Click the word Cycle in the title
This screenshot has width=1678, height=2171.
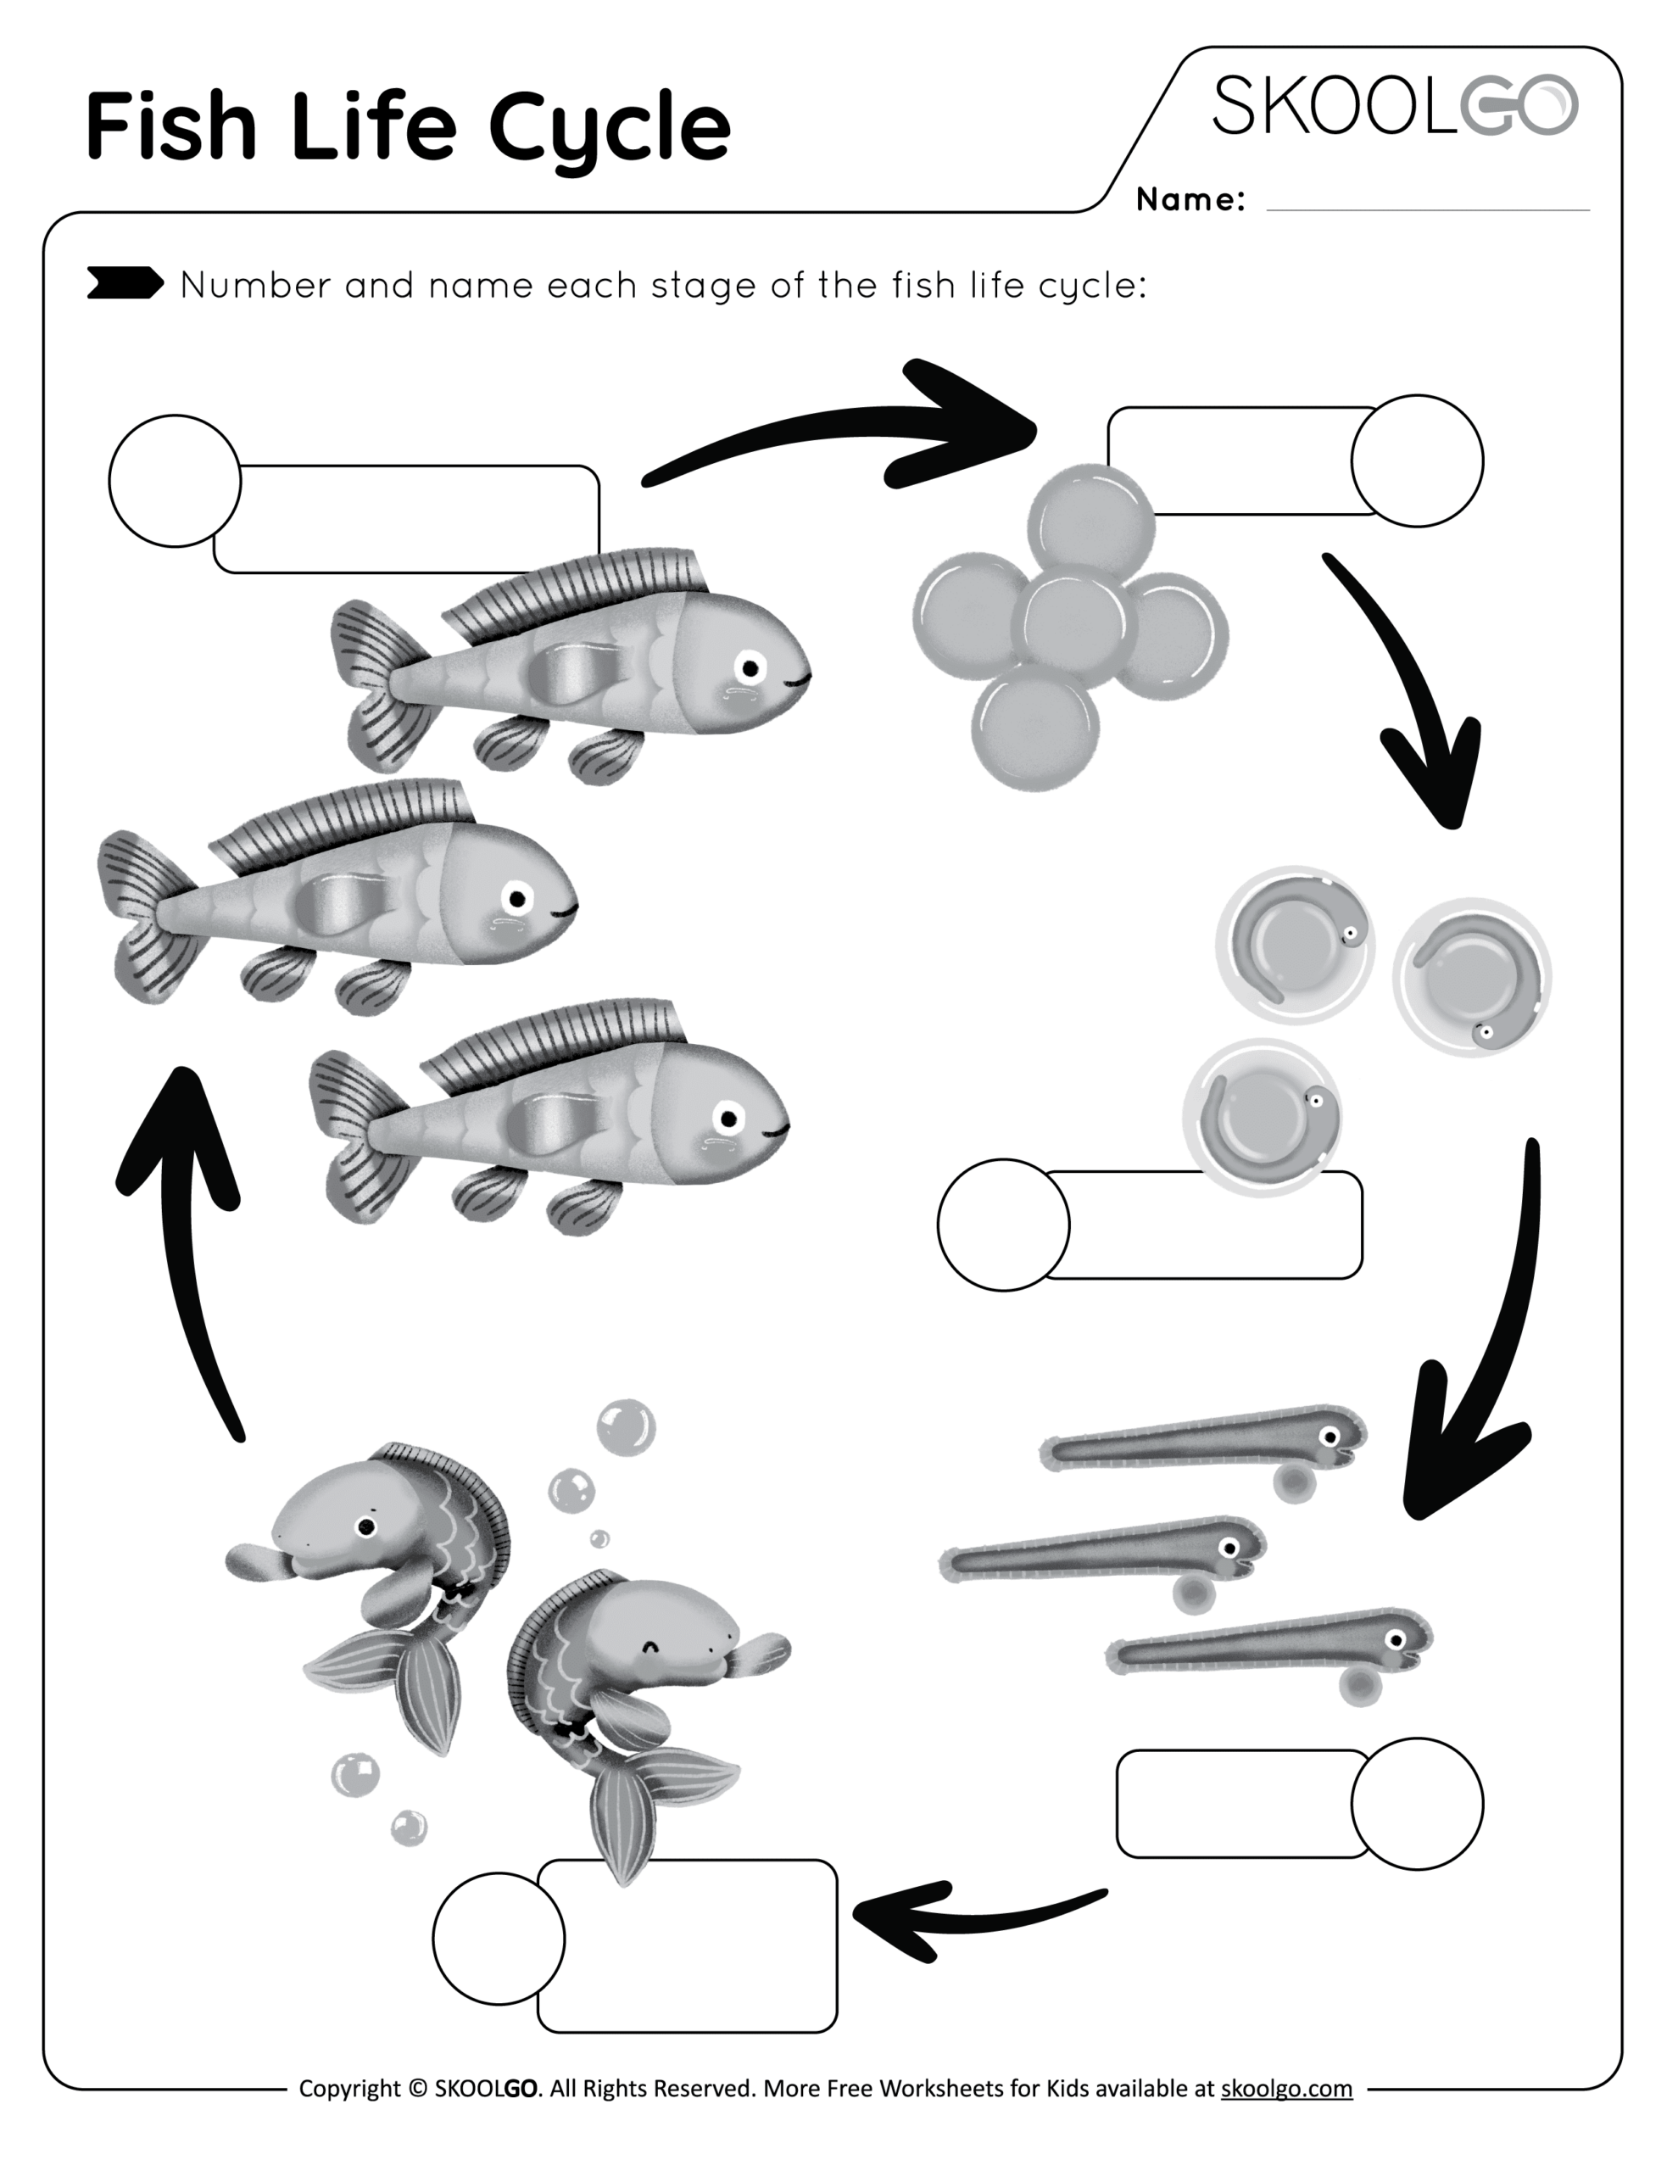(x=610, y=127)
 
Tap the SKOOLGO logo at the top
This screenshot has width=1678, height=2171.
(x=1394, y=106)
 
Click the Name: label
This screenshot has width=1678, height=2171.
(x=1189, y=200)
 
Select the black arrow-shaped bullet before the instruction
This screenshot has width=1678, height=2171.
(x=125, y=282)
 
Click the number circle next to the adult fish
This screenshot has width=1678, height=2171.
(x=174, y=480)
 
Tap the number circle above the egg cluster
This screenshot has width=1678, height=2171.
(x=1417, y=460)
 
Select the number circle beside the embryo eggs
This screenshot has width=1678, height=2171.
(x=1003, y=1225)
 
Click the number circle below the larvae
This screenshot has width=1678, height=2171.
(x=1417, y=1803)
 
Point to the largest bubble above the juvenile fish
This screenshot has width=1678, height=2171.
(x=625, y=1427)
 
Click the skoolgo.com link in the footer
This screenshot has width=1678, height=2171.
(x=1285, y=2088)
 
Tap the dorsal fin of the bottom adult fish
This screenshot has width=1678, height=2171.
(x=557, y=1044)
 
